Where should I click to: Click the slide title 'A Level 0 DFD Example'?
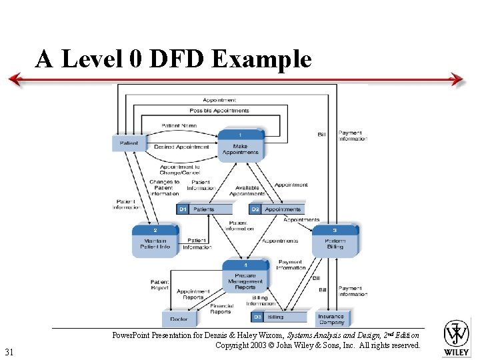click(x=173, y=59)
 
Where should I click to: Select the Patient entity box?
click(x=129, y=143)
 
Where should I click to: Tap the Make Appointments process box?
click(x=241, y=145)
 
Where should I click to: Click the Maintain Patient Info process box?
click(x=155, y=241)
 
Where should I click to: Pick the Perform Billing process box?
click(x=335, y=241)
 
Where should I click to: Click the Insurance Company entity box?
click(x=331, y=319)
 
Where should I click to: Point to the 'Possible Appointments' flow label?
click(x=219, y=111)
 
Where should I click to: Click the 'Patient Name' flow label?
click(x=179, y=125)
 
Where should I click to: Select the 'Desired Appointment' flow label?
click(x=181, y=147)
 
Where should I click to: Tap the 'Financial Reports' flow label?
click(x=221, y=308)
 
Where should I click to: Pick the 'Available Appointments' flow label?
click(x=247, y=191)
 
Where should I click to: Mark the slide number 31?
click(x=9, y=351)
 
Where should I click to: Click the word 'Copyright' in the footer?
click(x=234, y=345)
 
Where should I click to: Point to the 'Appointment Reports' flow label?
click(x=193, y=294)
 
